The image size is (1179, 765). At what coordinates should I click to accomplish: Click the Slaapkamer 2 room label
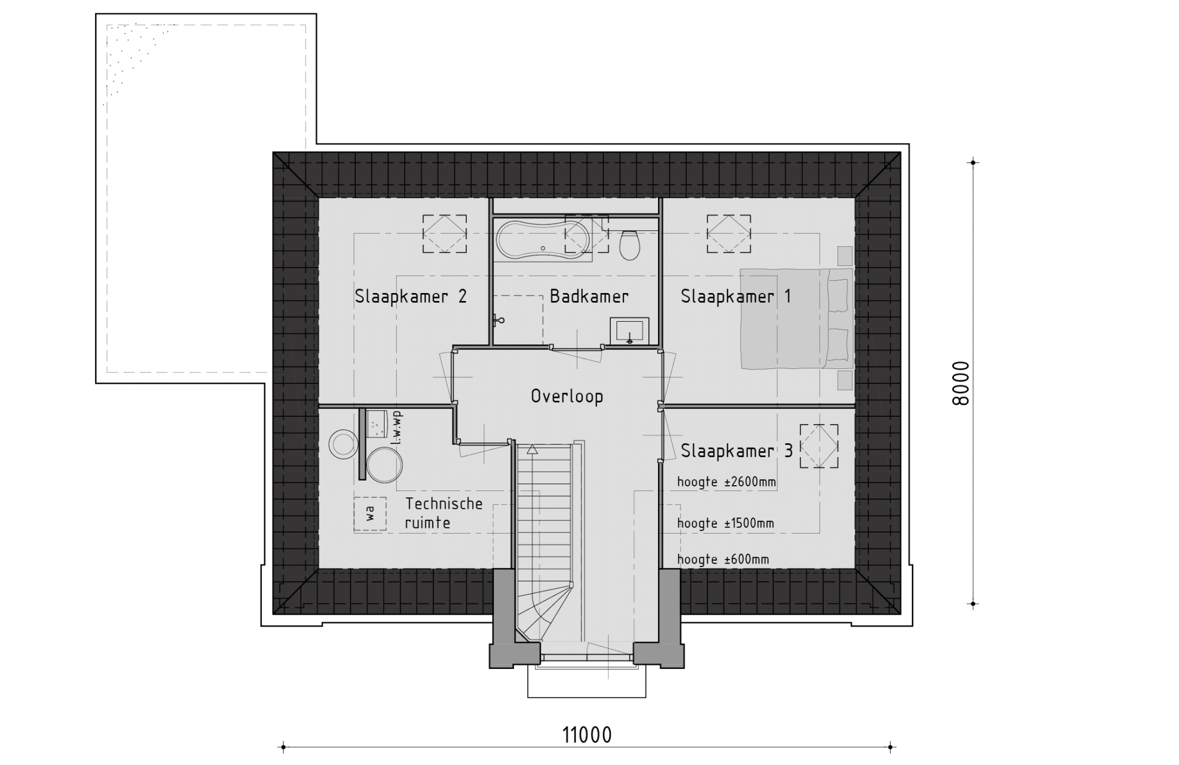click(410, 296)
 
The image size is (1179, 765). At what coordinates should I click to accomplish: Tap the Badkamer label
click(589, 296)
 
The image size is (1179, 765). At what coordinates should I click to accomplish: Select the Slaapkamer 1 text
click(736, 296)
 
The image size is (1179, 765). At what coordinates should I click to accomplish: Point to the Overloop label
click(567, 397)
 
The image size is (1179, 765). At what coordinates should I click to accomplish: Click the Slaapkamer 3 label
click(737, 451)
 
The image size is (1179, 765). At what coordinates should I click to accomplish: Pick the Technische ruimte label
click(444, 513)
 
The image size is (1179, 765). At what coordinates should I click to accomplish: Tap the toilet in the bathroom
click(630, 245)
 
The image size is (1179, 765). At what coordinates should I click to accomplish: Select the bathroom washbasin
click(630, 331)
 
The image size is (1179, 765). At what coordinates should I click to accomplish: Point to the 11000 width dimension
click(587, 735)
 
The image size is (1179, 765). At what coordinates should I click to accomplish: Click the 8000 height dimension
click(961, 383)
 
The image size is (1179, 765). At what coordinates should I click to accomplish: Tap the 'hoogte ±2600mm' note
click(727, 482)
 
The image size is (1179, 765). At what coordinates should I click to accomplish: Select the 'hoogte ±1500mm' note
click(725, 523)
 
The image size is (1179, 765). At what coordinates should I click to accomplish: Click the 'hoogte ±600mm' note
click(723, 559)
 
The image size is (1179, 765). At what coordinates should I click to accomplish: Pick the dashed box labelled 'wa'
click(370, 514)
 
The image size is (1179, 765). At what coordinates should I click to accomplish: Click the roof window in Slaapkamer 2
click(444, 234)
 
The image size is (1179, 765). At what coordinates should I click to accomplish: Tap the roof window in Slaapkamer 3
click(819, 446)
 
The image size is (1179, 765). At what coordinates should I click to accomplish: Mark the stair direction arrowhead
click(533, 450)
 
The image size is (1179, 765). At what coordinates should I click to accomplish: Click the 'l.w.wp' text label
click(395, 428)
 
